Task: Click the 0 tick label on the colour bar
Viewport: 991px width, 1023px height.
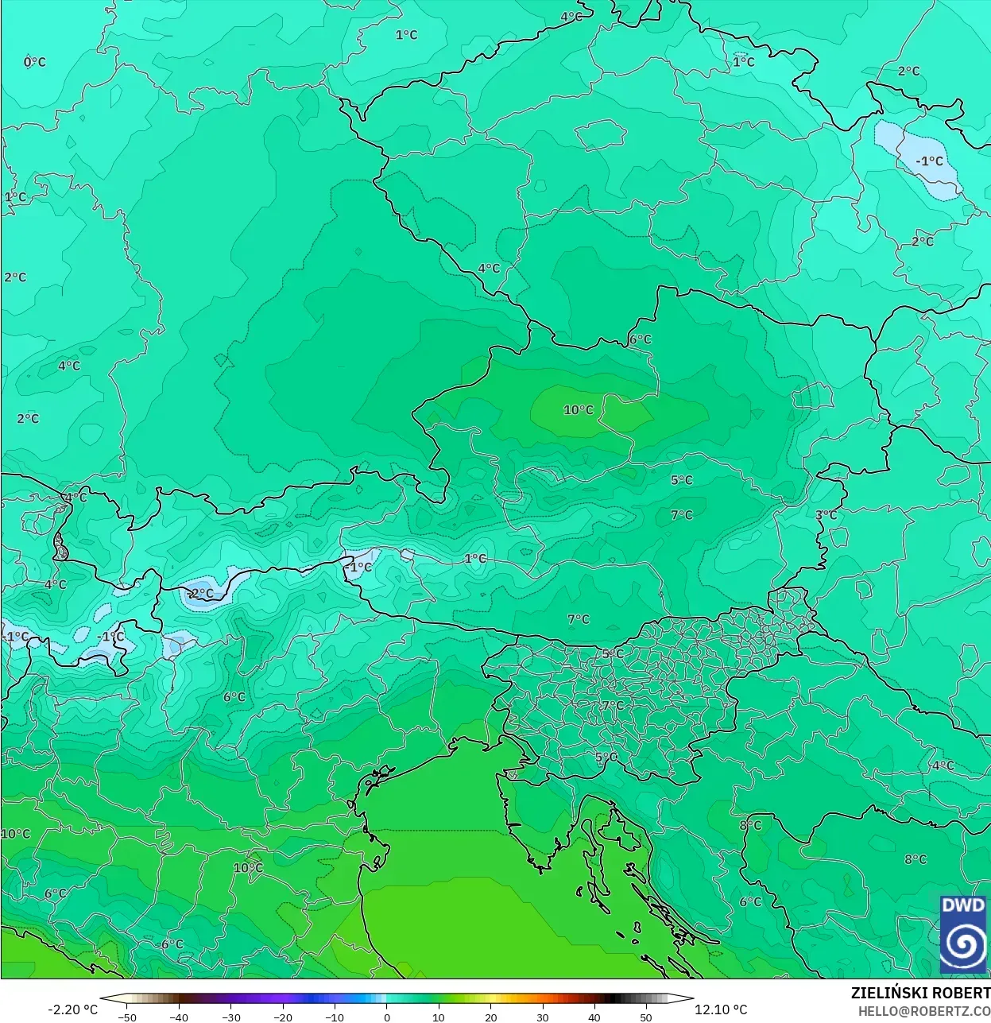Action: [387, 1017]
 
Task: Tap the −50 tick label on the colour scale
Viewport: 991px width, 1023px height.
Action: [126, 1017]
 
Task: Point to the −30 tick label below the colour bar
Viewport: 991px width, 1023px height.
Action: [230, 1017]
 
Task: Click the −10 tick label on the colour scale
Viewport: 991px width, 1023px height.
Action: [335, 1017]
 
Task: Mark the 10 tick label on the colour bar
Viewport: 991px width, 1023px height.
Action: [439, 1017]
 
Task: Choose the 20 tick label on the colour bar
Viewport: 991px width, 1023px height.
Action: [490, 1017]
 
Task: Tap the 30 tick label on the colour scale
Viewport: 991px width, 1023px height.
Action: [542, 1017]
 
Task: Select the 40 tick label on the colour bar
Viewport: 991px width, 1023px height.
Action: [594, 1017]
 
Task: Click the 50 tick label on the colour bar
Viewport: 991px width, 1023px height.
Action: [646, 1017]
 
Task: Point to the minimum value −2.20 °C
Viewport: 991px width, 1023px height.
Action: [72, 1009]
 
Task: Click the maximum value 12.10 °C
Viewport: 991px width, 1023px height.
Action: [721, 1009]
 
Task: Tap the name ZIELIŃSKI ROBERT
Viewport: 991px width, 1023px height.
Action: [920, 993]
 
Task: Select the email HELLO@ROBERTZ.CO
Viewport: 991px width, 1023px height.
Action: [923, 1011]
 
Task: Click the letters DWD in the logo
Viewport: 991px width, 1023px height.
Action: [962, 905]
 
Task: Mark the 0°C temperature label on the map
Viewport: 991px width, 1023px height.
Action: [35, 62]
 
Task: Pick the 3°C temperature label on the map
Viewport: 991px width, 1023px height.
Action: [826, 515]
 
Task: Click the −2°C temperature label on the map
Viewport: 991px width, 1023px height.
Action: [200, 593]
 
